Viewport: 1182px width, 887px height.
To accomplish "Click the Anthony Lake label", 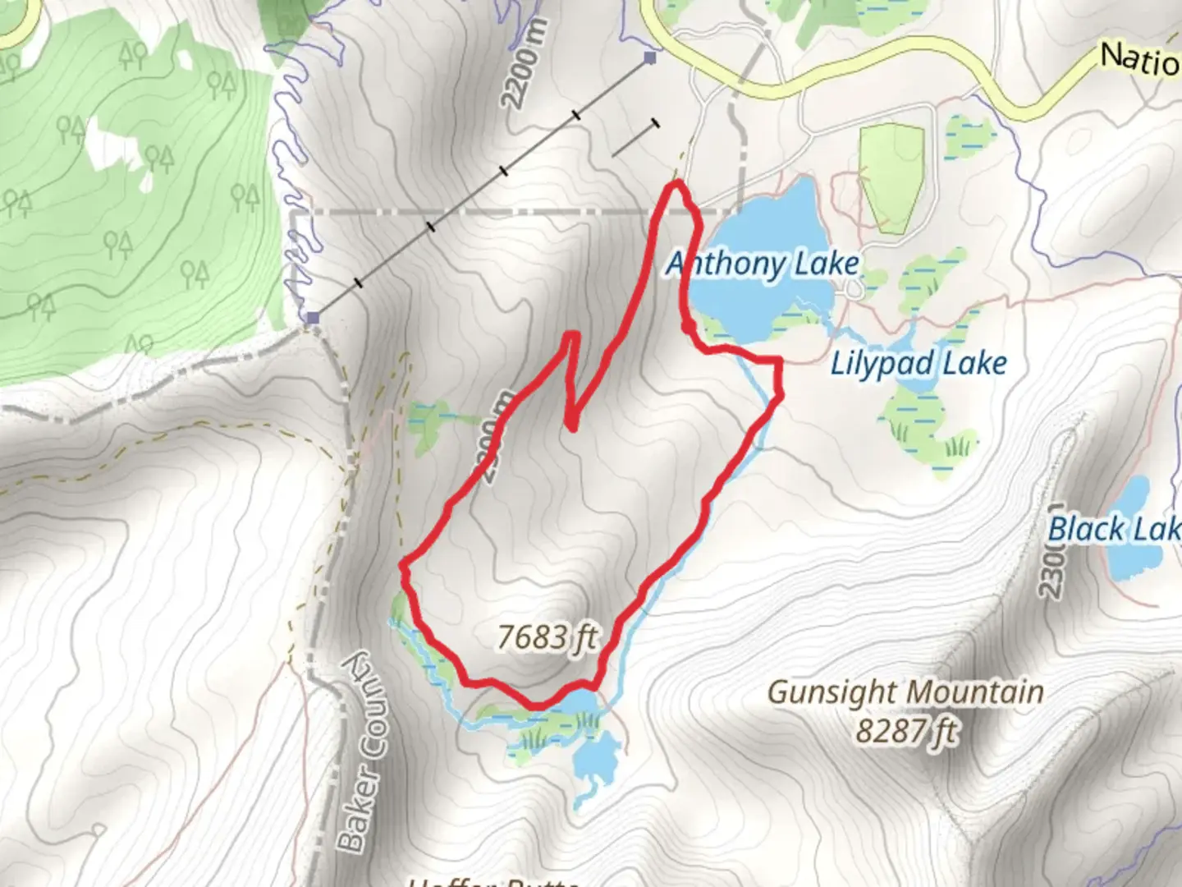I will [x=763, y=264].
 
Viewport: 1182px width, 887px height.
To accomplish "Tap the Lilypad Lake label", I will [x=919, y=363].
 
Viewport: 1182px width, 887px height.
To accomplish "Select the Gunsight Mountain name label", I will [x=905, y=692].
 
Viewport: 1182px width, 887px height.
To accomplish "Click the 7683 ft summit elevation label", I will [x=547, y=637].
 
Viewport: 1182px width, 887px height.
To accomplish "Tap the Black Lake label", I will [x=1115, y=529].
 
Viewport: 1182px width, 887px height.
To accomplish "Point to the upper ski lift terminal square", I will [x=650, y=57].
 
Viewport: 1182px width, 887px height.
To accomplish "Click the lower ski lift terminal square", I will [x=312, y=317].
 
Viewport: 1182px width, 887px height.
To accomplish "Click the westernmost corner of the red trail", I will [x=402, y=564].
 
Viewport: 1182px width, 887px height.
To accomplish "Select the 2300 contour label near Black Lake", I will [x=1053, y=550].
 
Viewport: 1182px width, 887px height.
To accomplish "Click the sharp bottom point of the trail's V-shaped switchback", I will [x=571, y=425].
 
